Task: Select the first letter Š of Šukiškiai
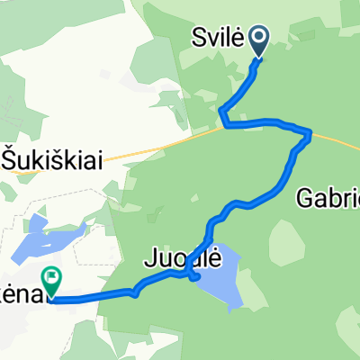pyautogui.click(x=10, y=159)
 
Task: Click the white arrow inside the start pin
pyautogui.click(x=259, y=38)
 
